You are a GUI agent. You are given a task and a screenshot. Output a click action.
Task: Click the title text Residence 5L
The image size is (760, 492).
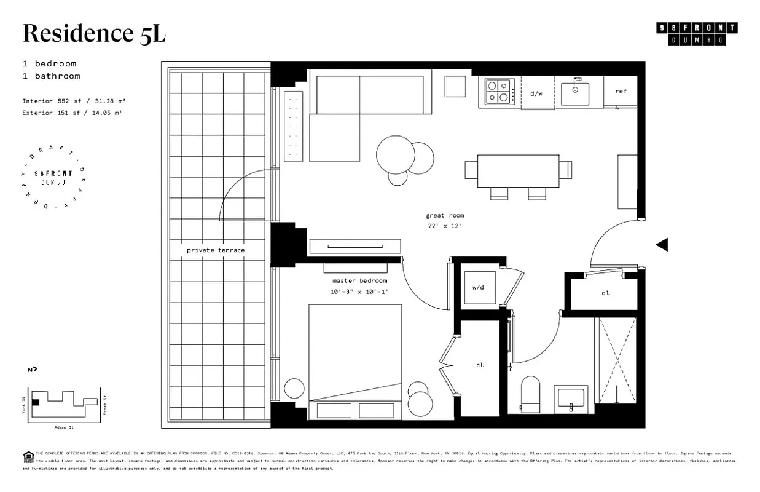tap(94, 34)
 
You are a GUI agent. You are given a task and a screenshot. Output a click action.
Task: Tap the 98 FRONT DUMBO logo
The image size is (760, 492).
tap(697, 34)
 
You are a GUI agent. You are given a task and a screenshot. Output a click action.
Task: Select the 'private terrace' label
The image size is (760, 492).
tap(216, 250)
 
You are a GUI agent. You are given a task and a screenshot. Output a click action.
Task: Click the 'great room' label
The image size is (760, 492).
tap(445, 216)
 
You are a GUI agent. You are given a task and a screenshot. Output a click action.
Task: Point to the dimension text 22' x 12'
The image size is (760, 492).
tap(445, 226)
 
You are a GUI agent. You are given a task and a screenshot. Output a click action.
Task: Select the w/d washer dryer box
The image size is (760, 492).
tap(479, 287)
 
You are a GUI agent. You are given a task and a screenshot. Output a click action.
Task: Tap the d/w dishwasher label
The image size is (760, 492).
tap(536, 93)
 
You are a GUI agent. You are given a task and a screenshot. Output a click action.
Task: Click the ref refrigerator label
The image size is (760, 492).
tap(621, 92)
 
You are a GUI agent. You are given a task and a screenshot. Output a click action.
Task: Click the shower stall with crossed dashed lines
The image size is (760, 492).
tap(617, 360)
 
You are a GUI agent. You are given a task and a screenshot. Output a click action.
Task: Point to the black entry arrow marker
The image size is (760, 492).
tap(662, 245)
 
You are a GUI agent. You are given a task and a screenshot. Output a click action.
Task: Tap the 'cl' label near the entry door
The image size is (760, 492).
tap(605, 293)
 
